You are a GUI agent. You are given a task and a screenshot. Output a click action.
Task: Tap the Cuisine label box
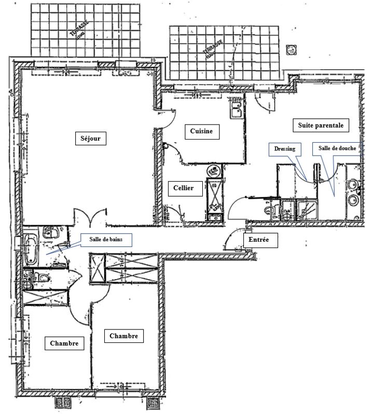(x=201, y=132)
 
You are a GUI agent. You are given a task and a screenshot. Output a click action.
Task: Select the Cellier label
(x=184, y=188)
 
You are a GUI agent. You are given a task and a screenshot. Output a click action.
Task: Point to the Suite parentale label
(x=321, y=125)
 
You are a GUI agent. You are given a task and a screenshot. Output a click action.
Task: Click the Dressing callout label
(x=285, y=149)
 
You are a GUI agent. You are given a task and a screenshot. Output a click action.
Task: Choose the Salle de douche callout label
(x=337, y=148)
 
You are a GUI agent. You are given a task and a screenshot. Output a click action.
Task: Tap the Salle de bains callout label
(x=106, y=239)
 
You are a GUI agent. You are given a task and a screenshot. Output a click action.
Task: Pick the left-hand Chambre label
(x=64, y=343)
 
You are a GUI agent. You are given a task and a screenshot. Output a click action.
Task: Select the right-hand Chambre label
(x=123, y=336)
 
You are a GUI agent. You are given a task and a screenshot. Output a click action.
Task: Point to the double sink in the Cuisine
(x=237, y=110)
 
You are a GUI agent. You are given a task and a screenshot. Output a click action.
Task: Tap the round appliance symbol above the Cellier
(x=213, y=170)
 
